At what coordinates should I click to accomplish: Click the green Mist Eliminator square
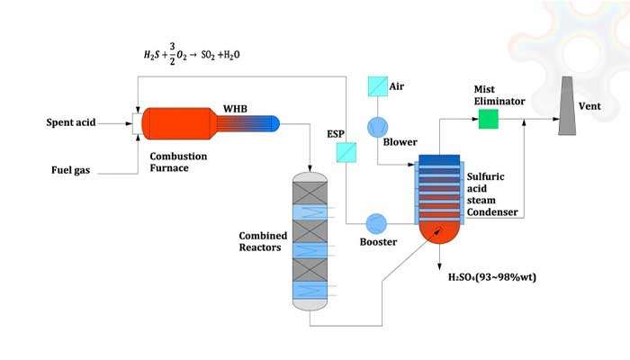[x=489, y=118]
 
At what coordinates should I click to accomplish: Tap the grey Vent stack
[x=568, y=108]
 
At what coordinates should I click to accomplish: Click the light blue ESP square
[x=346, y=153]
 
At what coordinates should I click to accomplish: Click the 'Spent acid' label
[x=71, y=121]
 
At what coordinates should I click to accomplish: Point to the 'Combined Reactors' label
[x=263, y=241]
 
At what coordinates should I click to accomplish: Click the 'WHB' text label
[x=237, y=110]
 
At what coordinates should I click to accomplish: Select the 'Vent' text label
[x=589, y=106]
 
